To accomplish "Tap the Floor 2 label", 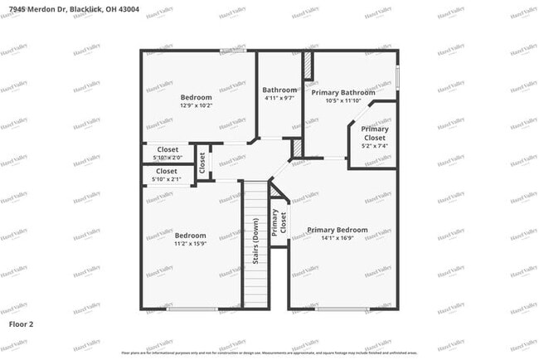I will coord(21,322).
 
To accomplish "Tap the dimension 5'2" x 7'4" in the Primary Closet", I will coord(374,145).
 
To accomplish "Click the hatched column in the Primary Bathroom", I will coord(306,66).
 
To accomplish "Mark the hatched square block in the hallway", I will coord(297,148).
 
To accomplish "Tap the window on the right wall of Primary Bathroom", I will coord(397,75).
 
